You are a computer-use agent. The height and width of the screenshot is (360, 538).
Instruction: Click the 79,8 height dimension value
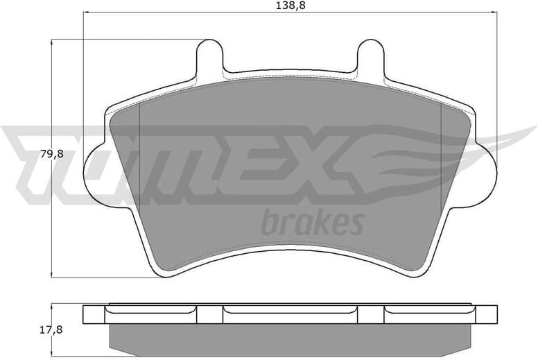(51, 154)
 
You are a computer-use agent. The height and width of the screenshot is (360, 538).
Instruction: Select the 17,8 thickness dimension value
(51, 329)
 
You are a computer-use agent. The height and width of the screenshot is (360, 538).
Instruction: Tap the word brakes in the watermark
(312, 223)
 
